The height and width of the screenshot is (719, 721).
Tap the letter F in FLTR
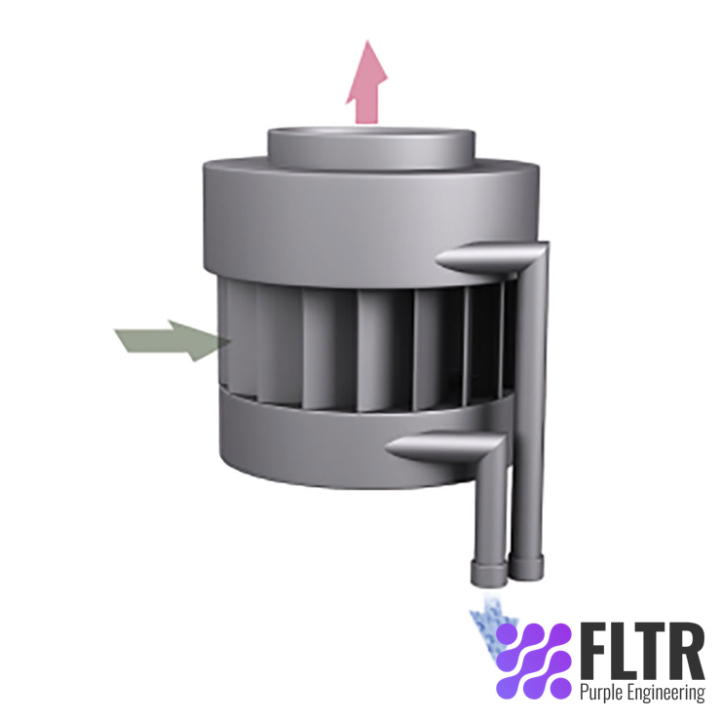[593, 650]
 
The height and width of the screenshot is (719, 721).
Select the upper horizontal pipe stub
[477, 258]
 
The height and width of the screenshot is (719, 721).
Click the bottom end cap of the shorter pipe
[488, 573]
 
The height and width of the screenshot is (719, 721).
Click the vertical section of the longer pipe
[530, 409]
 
